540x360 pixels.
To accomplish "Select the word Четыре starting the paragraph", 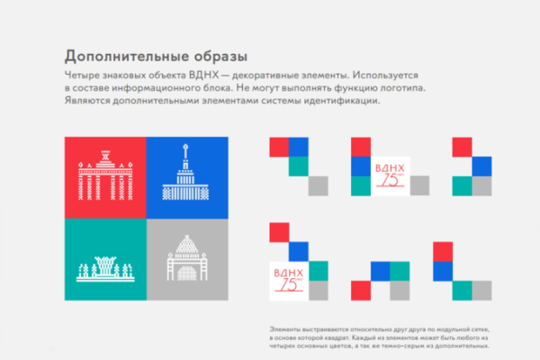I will pyautogui.click(x=83, y=75).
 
